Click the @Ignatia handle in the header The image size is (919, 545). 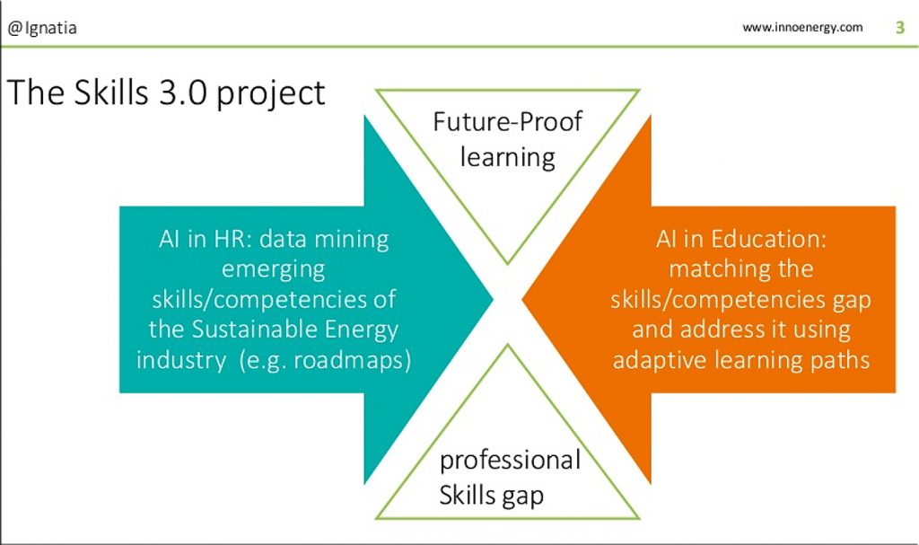tap(41, 28)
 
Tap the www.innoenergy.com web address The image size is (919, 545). tap(802, 28)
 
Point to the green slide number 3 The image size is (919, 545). tap(900, 27)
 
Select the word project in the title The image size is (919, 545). tap(271, 95)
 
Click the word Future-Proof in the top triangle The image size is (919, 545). tap(508, 121)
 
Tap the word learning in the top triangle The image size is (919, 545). tap(508, 158)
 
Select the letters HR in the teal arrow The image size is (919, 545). tap(232, 239)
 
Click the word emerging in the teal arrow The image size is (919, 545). tap(273, 270)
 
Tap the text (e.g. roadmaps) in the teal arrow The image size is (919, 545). tap(325, 360)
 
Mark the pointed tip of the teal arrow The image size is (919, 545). tap(493, 300)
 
